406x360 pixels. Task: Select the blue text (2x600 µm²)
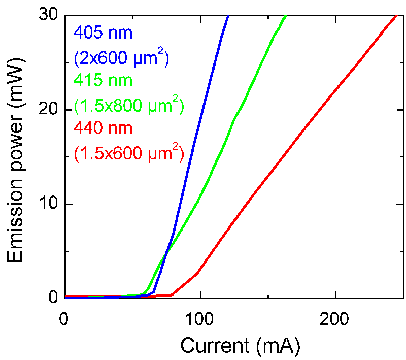click(121, 57)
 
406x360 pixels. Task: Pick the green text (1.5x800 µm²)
click(128, 105)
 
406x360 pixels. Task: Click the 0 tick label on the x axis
click(64, 320)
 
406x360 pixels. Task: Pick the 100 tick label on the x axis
click(200, 320)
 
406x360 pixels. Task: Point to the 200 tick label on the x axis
click(336, 320)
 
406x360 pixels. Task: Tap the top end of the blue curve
click(228, 16)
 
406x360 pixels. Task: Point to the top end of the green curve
click(286, 16)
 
